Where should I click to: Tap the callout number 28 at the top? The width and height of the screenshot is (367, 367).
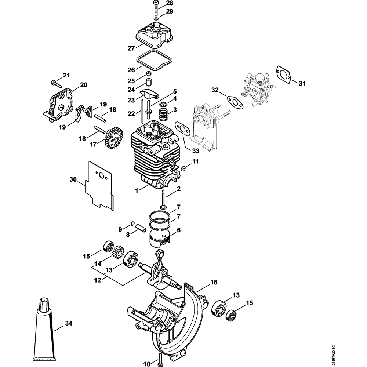170,3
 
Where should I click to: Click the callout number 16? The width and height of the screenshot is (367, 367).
214,282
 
